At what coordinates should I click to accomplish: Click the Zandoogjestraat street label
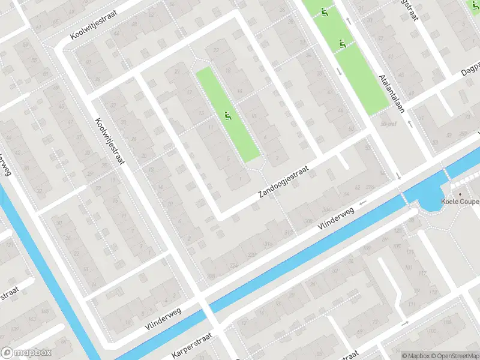coord(283,182)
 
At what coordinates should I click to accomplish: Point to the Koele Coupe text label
coord(460,202)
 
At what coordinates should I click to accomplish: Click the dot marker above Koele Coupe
coord(460,194)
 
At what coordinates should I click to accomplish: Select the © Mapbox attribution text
coord(416,356)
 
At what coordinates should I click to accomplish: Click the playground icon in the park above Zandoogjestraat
coord(227,116)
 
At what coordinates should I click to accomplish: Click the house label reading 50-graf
coord(389,124)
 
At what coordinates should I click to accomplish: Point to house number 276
coord(370,188)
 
